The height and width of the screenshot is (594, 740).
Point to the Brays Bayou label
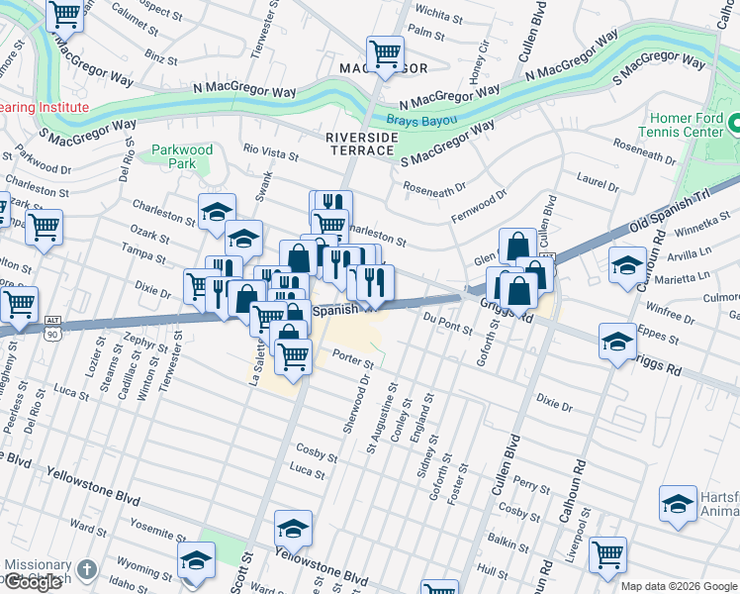click(x=421, y=120)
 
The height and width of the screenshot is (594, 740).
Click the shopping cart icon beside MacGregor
click(x=385, y=51)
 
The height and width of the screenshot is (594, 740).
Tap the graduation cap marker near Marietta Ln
click(x=627, y=265)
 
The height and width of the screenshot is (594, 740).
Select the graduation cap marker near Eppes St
click(x=617, y=342)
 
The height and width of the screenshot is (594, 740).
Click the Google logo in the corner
click(x=33, y=582)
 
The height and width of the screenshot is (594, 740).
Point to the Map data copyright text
click(x=679, y=586)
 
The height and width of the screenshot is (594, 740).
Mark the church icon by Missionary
click(x=87, y=569)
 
